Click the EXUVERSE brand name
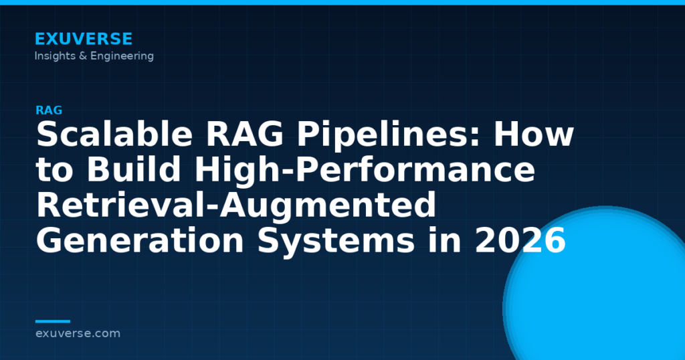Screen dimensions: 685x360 pos(84,39)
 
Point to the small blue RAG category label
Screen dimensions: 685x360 pos(48,110)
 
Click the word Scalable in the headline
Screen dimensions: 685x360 pos(114,134)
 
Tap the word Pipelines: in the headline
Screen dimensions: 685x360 pos(389,135)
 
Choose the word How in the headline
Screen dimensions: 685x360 pos(533,134)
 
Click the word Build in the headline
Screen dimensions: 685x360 pos(134,169)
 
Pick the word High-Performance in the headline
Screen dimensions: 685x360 pos(365,169)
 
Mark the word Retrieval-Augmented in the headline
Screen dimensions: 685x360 pos(236,205)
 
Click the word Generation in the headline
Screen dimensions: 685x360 pos(140,241)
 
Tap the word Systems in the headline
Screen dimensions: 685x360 pos(336,241)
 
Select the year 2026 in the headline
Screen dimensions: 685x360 pos(520,241)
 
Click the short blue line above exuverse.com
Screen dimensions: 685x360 pos(52,321)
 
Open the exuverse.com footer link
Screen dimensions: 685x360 pos(78,333)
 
